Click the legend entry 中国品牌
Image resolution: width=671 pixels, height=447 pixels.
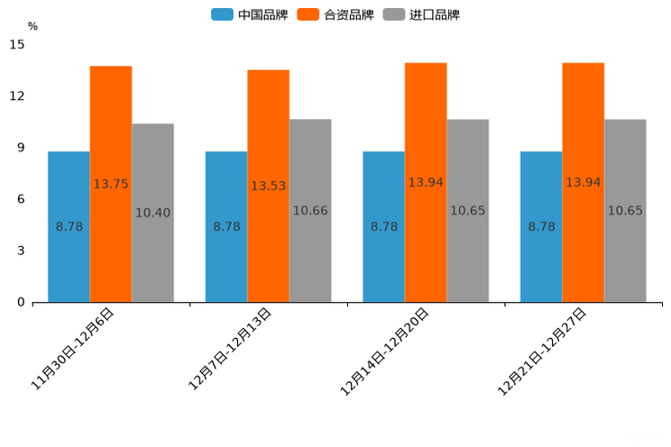(x=250, y=14)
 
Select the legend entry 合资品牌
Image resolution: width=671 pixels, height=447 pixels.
(x=335, y=14)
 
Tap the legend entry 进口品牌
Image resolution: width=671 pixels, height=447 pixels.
(x=421, y=14)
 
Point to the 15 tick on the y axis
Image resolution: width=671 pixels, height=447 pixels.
(x=17, y=44)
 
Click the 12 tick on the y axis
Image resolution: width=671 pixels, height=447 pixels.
(x=17, y=96)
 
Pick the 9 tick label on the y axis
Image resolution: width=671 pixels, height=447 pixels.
(x=21, y=148)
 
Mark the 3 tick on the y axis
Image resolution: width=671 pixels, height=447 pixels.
(x=21, y=251)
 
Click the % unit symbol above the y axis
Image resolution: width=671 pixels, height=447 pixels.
(x=32, y=26)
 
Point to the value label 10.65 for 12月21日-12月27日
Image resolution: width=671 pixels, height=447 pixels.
(x=625, y=211)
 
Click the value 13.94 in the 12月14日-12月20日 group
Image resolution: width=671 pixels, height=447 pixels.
(x=426, y=182)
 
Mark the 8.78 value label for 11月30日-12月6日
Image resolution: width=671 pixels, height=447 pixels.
(x=69, y=227)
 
